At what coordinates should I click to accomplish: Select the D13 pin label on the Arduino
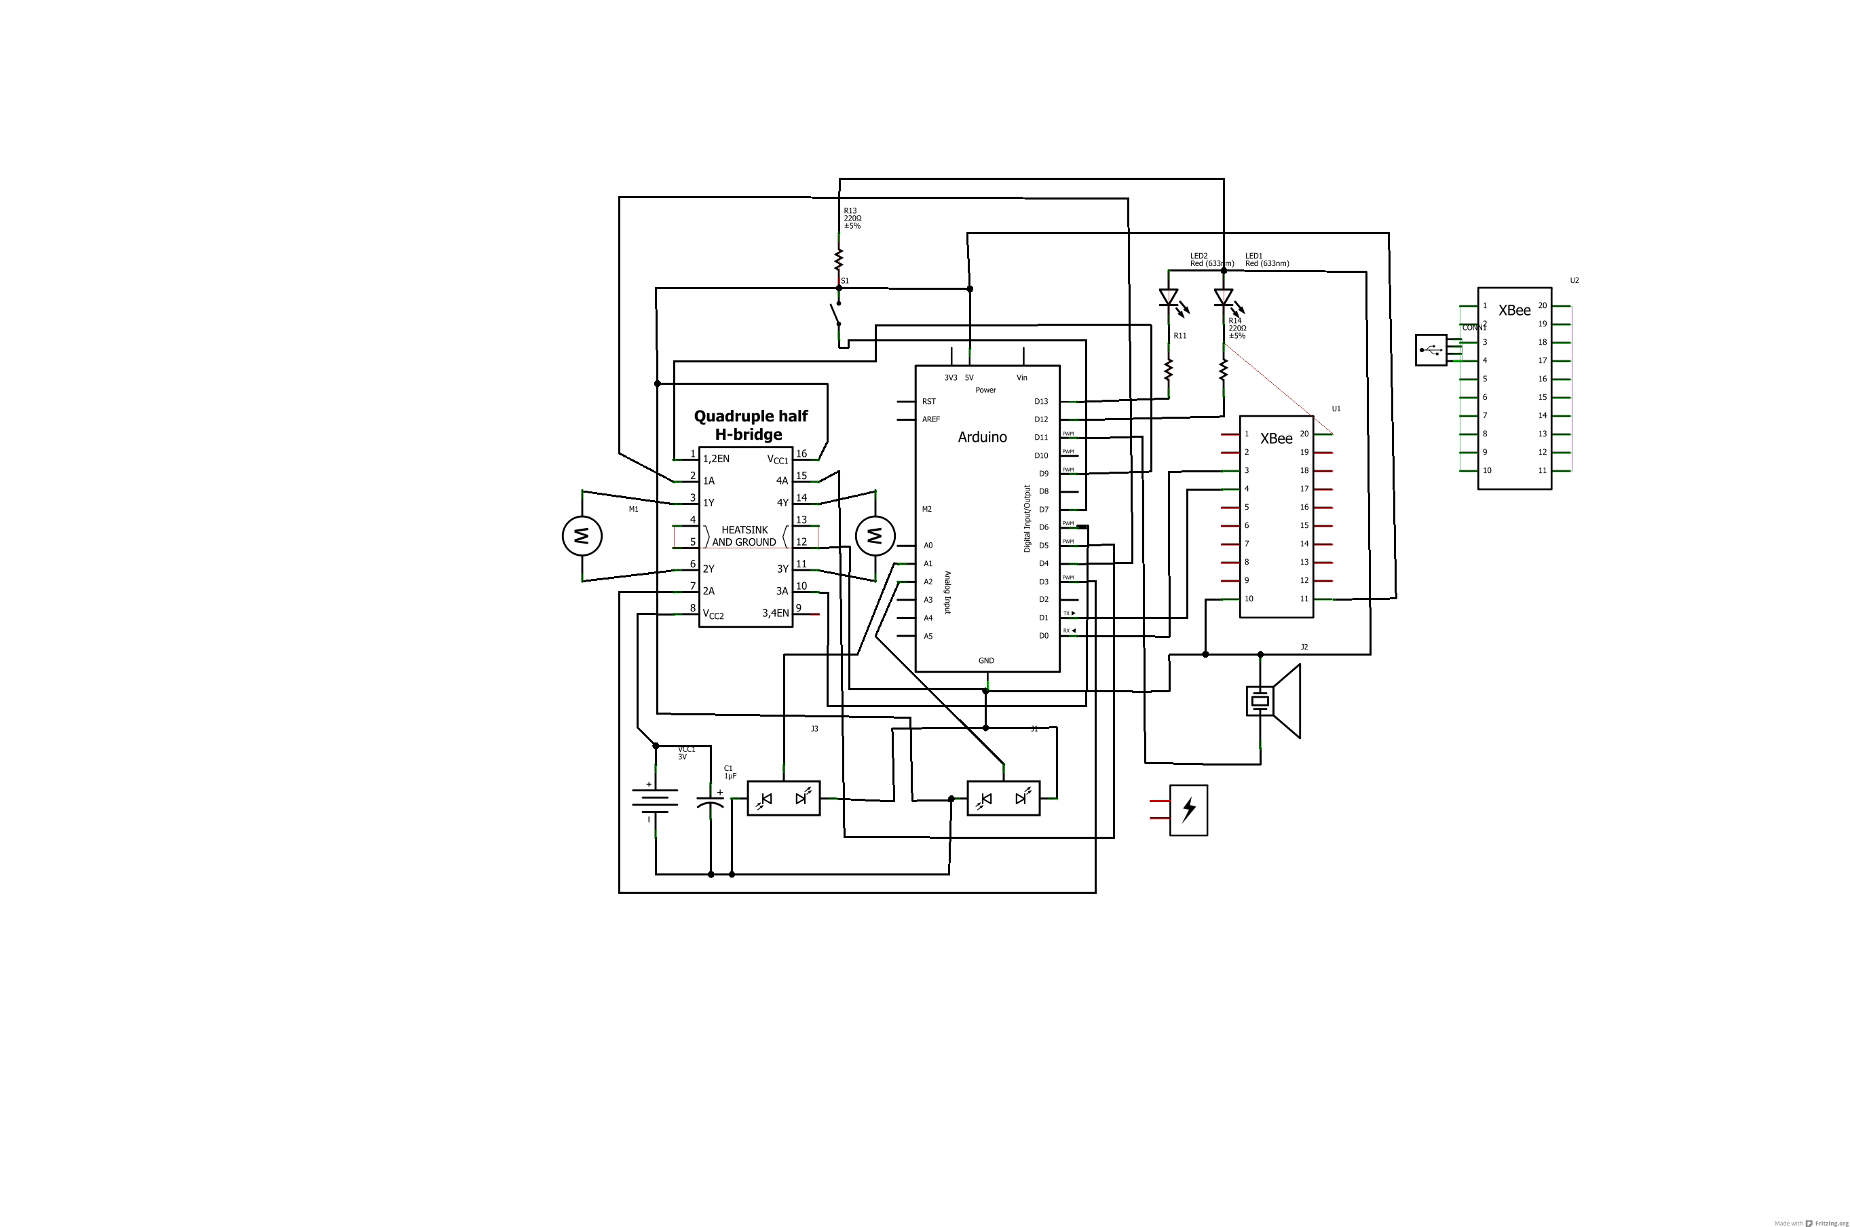1041,402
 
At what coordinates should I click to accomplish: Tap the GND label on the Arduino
986,660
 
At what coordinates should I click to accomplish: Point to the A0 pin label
928,546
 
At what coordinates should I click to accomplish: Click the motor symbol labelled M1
582,536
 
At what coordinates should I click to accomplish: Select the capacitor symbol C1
710,802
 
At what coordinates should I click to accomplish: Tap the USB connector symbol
1431,350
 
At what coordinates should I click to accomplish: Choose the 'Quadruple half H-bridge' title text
750,425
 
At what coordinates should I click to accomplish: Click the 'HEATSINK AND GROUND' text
744,536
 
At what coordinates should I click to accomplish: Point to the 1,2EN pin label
716,459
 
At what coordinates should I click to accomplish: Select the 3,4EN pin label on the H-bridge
775,613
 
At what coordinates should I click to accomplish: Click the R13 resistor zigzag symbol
839,259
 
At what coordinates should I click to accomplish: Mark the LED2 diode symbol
1169,297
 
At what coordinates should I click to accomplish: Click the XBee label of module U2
1514,311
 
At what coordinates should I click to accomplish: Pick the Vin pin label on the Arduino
1021,378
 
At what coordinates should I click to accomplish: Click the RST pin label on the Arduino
929,402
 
